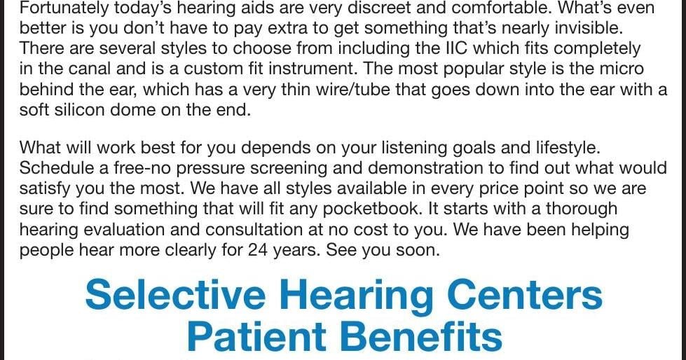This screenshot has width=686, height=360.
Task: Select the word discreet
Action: (x=374, y=8)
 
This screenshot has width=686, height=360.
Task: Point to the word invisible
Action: (x=589, y=27)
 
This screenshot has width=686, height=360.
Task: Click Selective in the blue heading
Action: (x=175, y=296)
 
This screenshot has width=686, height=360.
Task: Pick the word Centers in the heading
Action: (x=525, y=296)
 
